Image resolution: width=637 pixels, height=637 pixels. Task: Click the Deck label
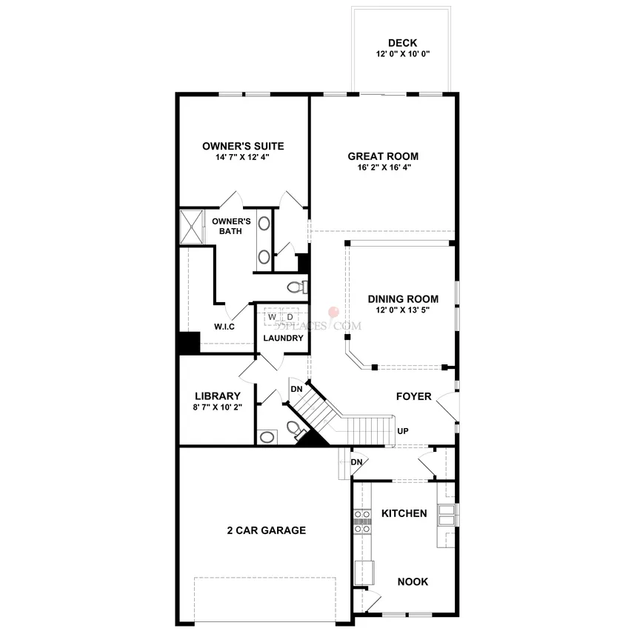(x=402, y=43)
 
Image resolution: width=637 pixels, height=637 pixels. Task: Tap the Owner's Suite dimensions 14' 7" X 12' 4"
(x=242, y=157)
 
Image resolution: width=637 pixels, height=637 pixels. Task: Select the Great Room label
(x=383, y=156)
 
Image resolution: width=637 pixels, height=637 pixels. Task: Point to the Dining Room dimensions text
(x=403, y=310)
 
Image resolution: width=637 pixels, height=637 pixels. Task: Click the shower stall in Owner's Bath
(x=191, y=226)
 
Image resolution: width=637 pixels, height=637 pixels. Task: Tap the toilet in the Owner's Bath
(x=297, y=287)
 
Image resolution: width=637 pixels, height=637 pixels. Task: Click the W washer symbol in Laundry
(x=272, y=317)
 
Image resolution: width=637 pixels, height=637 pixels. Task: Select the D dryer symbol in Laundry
(x=290, y=317)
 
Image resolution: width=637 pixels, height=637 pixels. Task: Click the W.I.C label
(x=224, y=327)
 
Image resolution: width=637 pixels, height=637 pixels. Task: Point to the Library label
(x=217, y=396)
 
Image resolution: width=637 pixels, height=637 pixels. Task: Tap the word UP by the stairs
(x=403, y=431)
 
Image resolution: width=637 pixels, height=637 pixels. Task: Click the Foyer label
(x=413, y=396)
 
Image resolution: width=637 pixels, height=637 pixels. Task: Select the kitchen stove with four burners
(x=362, y=521)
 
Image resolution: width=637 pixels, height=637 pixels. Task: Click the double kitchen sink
(x=447, y=515)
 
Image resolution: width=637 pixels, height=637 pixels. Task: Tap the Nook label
(x=413, y=581)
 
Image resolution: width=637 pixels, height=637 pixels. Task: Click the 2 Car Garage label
(x=267, y=530)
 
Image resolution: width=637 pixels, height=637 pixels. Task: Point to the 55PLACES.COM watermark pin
(x=333, y=313)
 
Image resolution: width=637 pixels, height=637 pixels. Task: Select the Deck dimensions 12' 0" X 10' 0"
(x=403, y=53)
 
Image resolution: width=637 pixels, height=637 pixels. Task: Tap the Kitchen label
(x=404, y=513)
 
